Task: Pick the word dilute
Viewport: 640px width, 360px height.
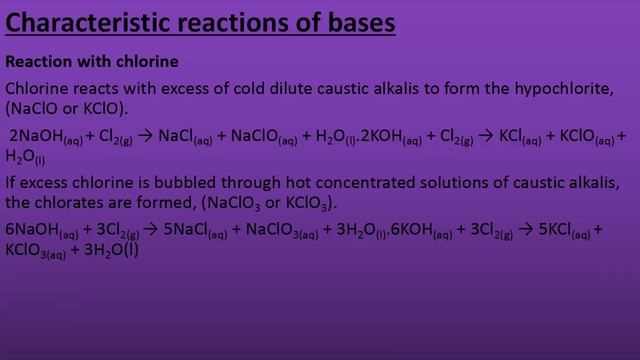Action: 308,86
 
